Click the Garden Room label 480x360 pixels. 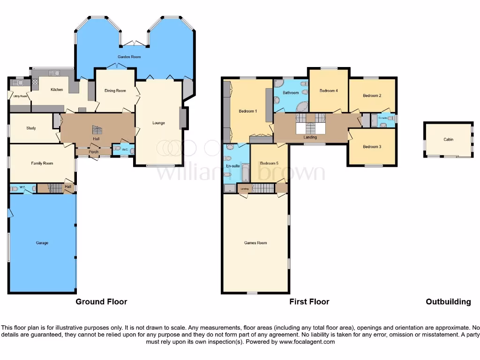tap(129, 57)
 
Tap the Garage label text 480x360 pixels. tap(42, 243)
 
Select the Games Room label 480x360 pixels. tap(255, 243)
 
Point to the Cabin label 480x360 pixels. tap(449, 139)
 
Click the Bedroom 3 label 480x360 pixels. tap(372, 147)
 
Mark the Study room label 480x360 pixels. tap(31, 128)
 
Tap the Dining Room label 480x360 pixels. tap(115, 91)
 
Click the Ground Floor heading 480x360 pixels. tap(101, 302)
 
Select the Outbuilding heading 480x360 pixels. tap(448, 302)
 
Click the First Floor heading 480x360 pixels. tap(309, 302)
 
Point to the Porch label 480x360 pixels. tap(93, 152)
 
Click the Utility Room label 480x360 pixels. tap(20, 97)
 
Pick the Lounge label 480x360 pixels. tap(158, 123)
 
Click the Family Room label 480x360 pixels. tap(42, 163)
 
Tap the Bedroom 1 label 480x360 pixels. tap(247, 111)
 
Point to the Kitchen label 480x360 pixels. tap(57, 90)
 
